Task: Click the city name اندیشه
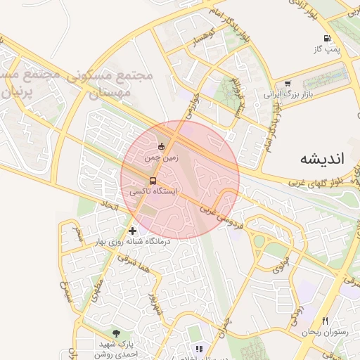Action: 323,158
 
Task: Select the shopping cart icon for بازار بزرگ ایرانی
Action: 288,83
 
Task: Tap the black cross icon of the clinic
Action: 132,231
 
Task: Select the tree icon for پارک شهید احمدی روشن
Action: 116,333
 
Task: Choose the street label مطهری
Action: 96,289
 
